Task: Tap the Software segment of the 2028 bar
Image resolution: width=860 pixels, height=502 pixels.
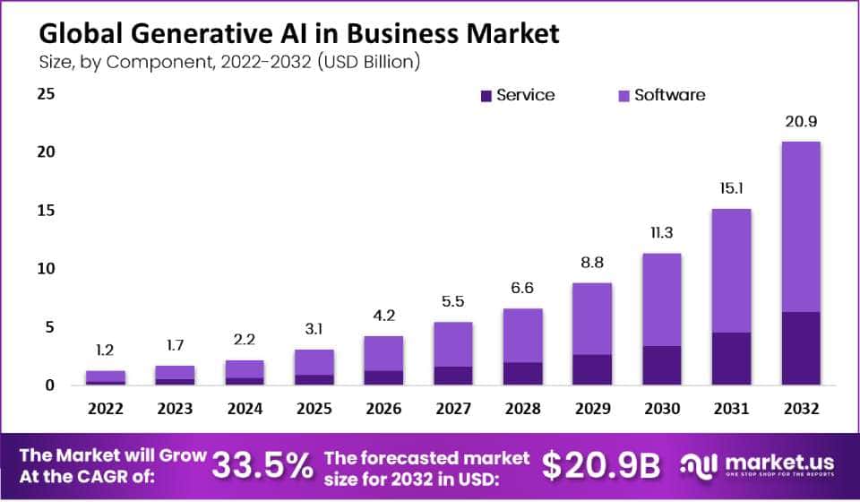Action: coord(522,335)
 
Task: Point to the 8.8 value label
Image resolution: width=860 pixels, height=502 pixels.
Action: coord(590,264)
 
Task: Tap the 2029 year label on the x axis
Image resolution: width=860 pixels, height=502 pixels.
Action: coord(590,410)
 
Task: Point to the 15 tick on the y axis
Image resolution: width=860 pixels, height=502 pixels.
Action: coord(46,211)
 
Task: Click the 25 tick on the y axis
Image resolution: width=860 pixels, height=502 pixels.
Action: coord(46,93)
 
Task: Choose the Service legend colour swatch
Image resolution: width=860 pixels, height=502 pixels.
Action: coord(486,95)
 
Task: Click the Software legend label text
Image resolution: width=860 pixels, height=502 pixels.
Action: coord(669,95)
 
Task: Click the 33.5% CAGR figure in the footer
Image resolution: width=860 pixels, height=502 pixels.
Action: coord(262,464)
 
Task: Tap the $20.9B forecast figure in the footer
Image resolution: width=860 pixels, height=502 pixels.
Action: coord(601,464)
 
